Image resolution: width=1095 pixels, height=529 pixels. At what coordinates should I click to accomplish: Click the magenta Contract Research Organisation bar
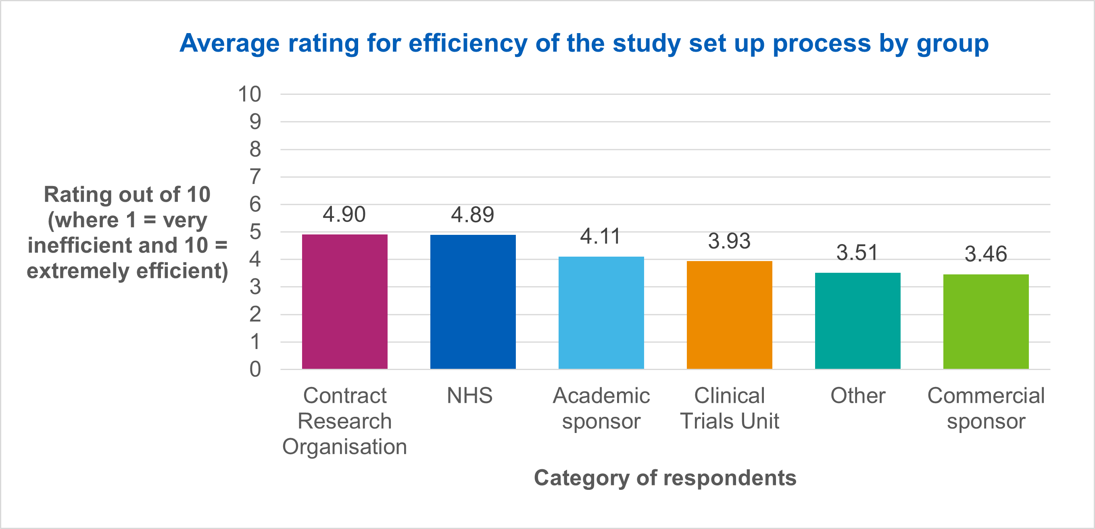click(x=344, y=301)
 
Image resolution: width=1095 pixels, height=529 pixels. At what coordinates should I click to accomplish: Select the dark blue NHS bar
click(x=473, y=301)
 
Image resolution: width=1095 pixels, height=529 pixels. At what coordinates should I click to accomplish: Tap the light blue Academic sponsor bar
click(x=601, y=313)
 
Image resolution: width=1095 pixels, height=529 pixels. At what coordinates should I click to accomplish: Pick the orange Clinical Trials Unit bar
click(x=730, y=315)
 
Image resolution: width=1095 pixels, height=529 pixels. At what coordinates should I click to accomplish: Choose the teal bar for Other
click(x=857, y=321)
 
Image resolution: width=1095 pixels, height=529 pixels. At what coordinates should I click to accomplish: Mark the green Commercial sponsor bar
click(x=986, y=322)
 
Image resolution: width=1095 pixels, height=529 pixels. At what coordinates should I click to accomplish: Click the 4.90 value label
click(x=344, y=214)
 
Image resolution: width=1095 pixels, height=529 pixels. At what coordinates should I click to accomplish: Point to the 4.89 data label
click(x=472, y=214)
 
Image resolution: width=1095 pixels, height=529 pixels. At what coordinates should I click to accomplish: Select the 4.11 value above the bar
click(x=600, y=236)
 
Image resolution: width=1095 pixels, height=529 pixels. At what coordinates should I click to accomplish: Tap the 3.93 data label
click(x=729, y=241)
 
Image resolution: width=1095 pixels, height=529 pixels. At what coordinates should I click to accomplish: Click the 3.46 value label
click(x=985, y=254)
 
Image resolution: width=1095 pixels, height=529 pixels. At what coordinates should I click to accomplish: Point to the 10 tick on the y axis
click(x=249, y=94)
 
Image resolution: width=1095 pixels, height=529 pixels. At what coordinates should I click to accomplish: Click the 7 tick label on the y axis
click(x=254, y=176)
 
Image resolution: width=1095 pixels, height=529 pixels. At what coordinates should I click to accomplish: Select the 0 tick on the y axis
click(x=254, y=369)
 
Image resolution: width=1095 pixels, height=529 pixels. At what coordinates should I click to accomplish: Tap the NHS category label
click(x=469, y=395)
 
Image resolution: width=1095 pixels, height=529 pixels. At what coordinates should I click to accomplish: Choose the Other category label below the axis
click(x=857, y=395)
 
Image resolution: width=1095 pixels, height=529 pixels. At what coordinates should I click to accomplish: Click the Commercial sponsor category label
click(x=986, y=408)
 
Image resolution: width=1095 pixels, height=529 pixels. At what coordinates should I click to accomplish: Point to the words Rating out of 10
click(x=127, y=194)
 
